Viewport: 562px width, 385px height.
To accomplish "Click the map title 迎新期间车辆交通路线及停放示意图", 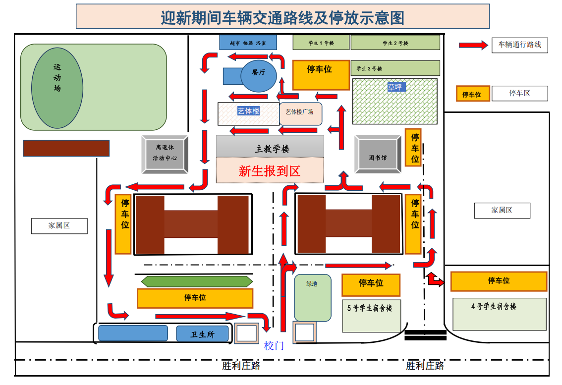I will (x=282, y=18).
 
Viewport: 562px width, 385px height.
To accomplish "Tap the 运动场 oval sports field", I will (x=57, y=88).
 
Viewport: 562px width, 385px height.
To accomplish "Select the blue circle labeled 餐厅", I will (x=259, y=73).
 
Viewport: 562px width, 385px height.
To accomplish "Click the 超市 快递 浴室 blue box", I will (x=248, y=43).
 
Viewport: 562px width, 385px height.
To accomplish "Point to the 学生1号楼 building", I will (x=321, y=43).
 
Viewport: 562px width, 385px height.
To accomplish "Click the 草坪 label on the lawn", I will (x=395, y=87).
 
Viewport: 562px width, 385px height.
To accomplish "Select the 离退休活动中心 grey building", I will (x=165, y=153).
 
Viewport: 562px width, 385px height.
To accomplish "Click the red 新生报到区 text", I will (x=269, y=171).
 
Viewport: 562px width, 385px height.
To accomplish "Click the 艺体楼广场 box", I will (x=300, y=112).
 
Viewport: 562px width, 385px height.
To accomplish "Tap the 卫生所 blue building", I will (x=202, y=334).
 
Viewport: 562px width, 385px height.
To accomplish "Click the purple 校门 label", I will (x=274, y=345).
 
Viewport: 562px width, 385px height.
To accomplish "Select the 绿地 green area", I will (x=312, y=297).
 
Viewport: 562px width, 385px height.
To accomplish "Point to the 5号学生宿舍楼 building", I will (x=371, y=316).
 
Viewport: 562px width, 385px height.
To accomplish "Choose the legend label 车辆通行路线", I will (x=519, y=45).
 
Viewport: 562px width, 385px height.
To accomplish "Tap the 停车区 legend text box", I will (x=519, y=93).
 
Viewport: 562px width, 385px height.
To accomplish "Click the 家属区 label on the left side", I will (x=59, y=226).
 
